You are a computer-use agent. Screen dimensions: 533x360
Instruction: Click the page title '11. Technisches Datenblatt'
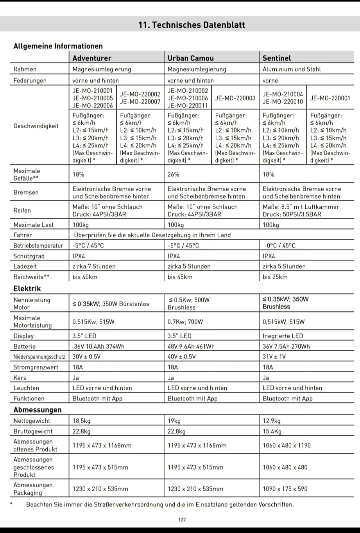coord(192,25)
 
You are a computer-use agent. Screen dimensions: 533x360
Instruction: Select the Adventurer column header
coord(92,58)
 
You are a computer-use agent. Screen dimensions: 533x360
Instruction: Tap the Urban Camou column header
coord(191,58)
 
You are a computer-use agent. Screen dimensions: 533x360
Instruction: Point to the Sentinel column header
coord(277,58)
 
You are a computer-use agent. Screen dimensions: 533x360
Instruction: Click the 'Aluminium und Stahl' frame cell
coord(292,69)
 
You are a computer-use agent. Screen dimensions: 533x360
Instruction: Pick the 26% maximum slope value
coord(174,174)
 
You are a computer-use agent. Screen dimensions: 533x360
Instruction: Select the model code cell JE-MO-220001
coord(330,98)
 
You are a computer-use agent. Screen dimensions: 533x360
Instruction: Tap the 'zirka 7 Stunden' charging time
coord(94,266)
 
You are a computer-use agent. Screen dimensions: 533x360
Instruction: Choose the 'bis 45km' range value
coord(180,277)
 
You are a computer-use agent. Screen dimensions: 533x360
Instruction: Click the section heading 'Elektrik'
coord(27,289)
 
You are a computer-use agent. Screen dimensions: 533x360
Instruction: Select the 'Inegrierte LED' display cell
coord(283,336)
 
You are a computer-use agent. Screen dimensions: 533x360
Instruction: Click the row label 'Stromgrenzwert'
coord(36,367)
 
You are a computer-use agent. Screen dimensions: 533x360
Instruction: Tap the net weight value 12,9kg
coord(272,421)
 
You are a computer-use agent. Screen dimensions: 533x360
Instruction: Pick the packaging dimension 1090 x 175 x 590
coord(285,489)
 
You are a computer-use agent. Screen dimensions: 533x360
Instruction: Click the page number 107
coord(182,520)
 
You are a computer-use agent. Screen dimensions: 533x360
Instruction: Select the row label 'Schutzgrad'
coord(29,256)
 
